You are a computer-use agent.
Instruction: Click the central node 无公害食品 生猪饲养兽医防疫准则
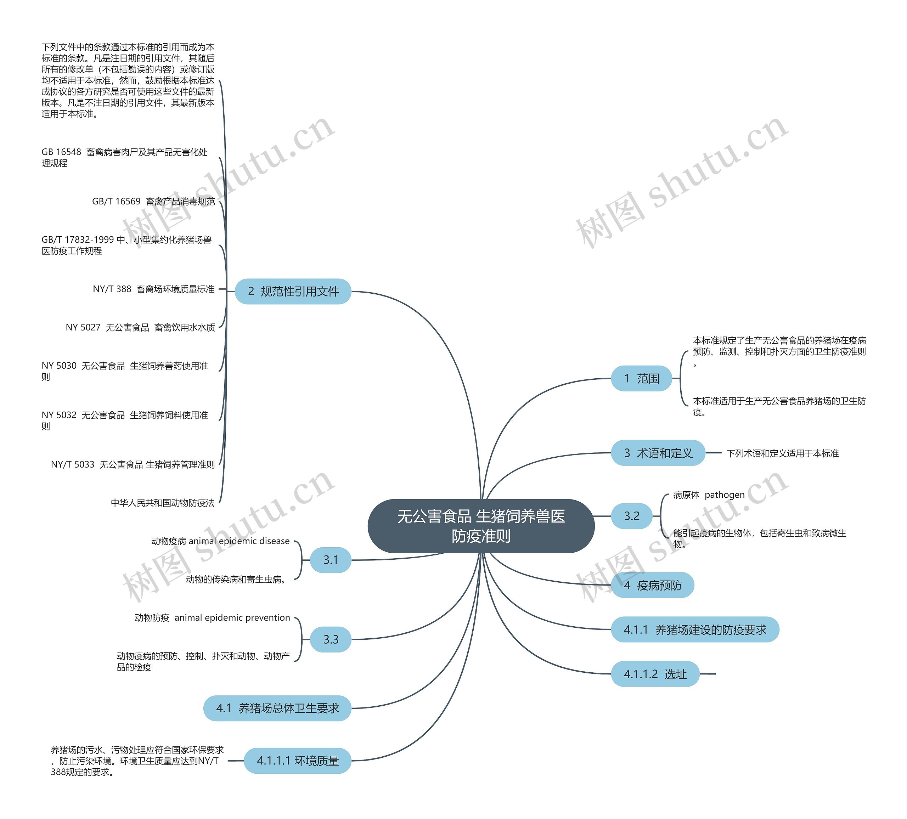[480, 526]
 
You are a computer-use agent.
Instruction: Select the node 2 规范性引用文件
[293, 292]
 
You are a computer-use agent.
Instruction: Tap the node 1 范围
[641, 378]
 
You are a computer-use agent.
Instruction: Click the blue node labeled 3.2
[631, 516]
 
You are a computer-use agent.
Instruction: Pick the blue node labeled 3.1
[331, 560]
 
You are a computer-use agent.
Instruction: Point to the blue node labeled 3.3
[331, 639]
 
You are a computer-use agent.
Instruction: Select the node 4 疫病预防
[652, 585]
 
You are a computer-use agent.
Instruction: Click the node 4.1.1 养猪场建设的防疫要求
[695, 629]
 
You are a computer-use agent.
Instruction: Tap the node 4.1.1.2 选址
[655, 674]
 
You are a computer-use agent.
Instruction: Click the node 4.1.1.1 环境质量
[297, 761]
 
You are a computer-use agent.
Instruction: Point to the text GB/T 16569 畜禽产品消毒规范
[153, 202]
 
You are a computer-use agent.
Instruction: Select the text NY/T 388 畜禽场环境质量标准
[153, 289]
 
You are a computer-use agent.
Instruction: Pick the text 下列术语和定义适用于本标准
[782, 453]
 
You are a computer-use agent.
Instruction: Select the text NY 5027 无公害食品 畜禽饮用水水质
[140, 327]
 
